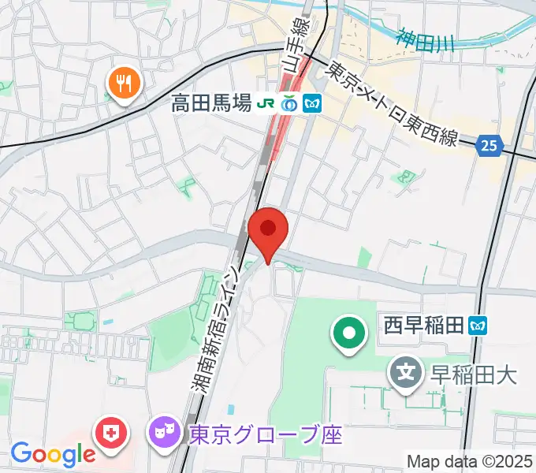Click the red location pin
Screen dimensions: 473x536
click(268, 231)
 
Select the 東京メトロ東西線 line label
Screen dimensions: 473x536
click(393, 103)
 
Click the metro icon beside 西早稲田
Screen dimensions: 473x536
click(478, 324)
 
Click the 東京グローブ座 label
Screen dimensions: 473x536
click(265, 434)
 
